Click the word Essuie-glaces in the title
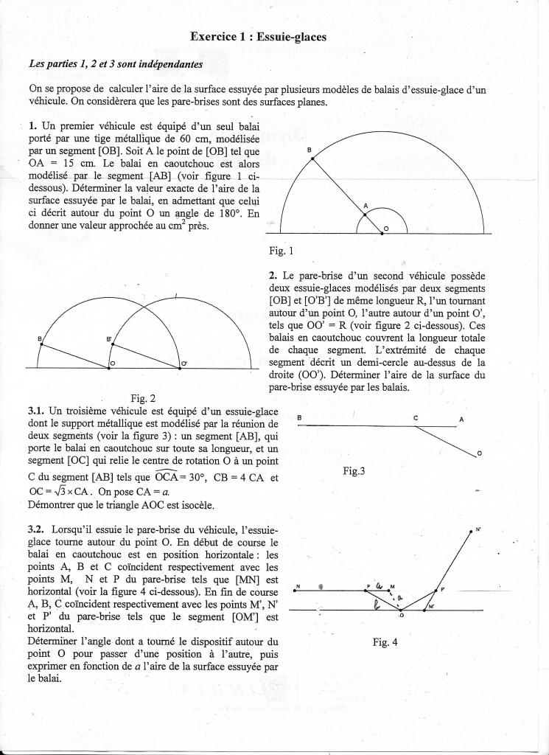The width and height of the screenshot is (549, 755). tap(293, 35)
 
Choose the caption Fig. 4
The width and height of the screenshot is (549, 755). tap(385, 641)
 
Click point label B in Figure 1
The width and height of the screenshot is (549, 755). tap(309, 150)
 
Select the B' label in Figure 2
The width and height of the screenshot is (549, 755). tap(108, 338)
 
